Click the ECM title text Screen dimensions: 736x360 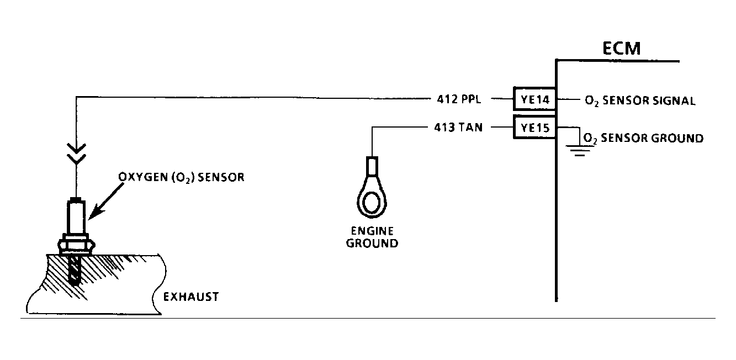621,48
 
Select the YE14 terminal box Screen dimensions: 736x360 534,99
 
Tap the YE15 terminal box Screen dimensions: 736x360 534,127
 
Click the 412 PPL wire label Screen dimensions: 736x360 459,99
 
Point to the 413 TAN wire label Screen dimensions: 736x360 458,127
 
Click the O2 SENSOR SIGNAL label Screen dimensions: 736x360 640,100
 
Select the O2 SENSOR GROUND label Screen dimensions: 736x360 643,138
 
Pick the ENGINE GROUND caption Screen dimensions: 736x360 372,237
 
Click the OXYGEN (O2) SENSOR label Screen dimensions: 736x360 181,177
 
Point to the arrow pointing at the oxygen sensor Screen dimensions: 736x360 106,200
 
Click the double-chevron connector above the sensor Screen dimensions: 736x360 76,153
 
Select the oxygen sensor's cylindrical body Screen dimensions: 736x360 76,217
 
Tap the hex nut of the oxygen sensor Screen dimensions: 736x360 76,245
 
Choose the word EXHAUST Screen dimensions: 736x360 191,297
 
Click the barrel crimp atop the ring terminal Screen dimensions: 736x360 372,166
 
